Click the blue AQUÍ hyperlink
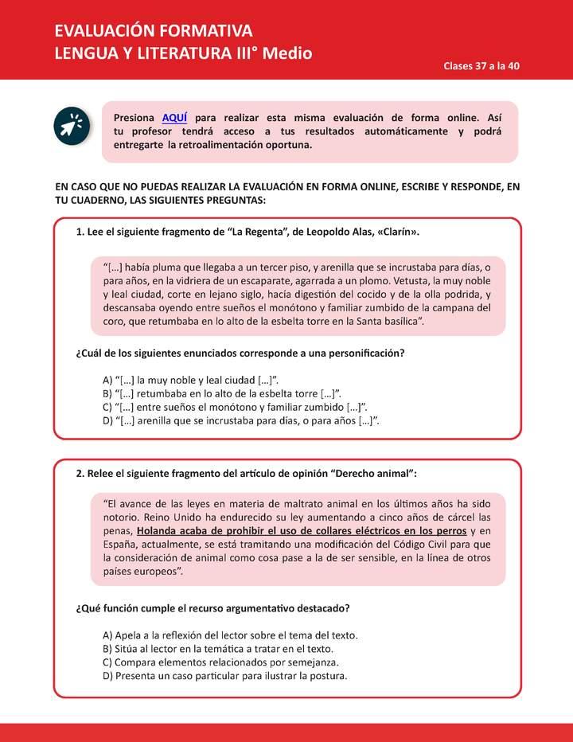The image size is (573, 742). (x=175, y=117)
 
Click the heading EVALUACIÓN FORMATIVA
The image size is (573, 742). (x=153, y=31)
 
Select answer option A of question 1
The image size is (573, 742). (x=191, y=379)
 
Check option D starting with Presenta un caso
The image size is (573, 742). (x=225, y=676)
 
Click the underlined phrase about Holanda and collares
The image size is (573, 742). (x=301, y=530)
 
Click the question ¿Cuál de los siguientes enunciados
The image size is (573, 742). (x=240, y=352)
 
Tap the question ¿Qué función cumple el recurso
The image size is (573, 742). (x=212, y=607)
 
